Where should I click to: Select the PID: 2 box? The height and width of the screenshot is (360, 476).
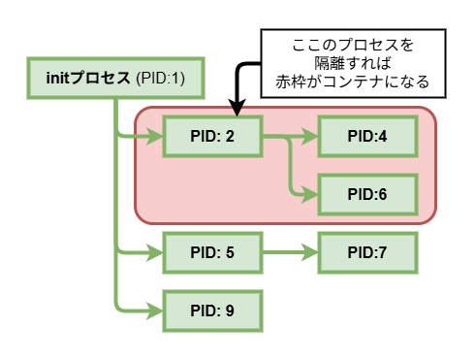[212, 137]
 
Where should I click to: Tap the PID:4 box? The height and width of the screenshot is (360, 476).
[367, 137]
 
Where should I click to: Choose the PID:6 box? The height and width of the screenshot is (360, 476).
[367, 194]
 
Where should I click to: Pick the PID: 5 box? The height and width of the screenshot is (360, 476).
[212, 253]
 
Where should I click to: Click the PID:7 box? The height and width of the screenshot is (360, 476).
[367, 253]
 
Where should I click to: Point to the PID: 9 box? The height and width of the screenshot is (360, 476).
[212, 311]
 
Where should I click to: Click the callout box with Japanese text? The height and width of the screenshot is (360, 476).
[353, 63]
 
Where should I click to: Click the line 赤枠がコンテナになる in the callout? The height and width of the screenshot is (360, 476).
[353, 82]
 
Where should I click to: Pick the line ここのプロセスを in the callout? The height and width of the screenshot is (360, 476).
[353, 46]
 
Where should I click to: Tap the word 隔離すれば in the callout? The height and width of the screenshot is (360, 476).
[353, 64]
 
